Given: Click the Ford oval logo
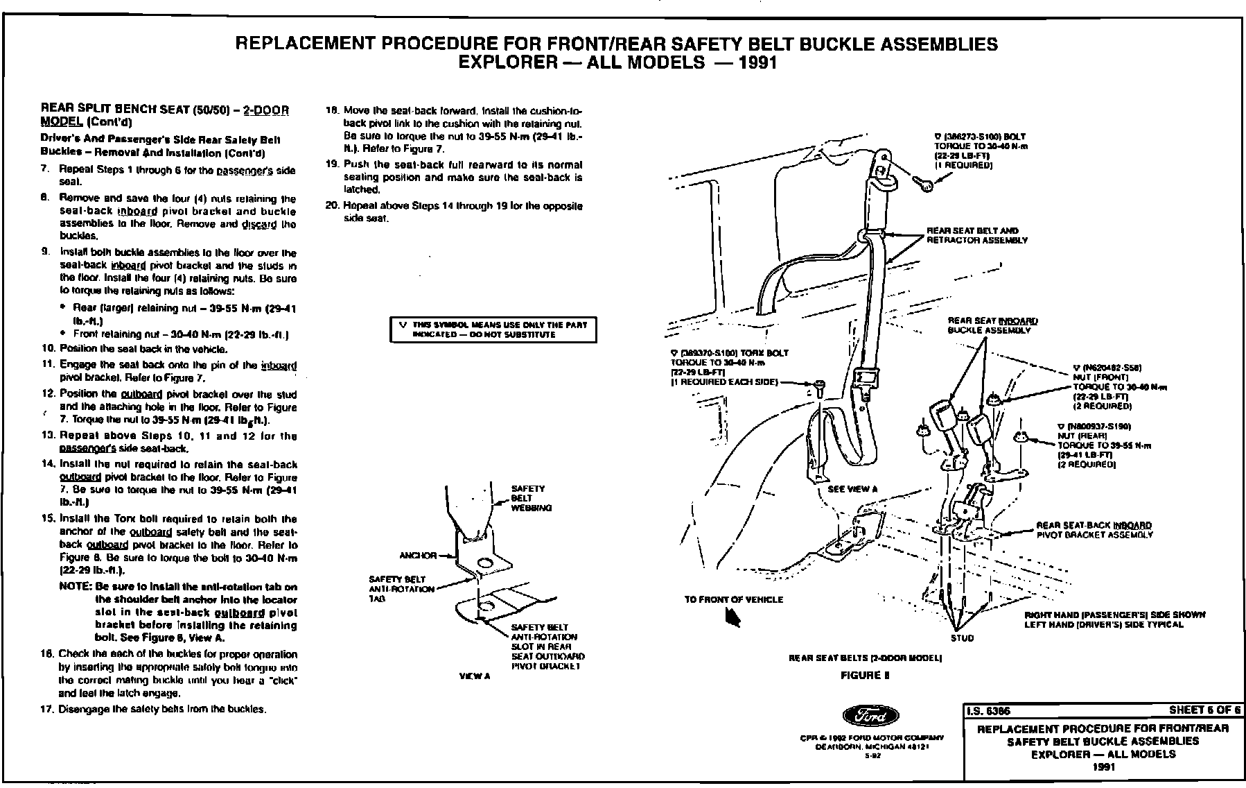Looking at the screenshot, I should [870, 717].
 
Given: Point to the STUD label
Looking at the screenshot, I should [962, 638].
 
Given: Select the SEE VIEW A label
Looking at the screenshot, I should [852, 489].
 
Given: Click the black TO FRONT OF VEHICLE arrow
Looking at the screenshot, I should [732, 617].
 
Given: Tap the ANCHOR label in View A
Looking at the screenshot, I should [418, 556].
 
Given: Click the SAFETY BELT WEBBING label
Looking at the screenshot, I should [531, 498].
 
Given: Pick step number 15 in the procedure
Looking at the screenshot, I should [49, 519].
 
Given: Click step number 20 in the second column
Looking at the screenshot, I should [331, 206].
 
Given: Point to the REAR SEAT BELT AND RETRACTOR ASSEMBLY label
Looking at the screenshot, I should [977, 235].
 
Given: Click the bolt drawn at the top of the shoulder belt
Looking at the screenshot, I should [924, 182].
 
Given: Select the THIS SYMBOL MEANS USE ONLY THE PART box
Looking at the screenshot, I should [493, 329].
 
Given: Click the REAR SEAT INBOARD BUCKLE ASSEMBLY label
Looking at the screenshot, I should [992, 325].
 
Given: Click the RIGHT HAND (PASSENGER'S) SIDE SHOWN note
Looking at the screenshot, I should [1114, 619].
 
